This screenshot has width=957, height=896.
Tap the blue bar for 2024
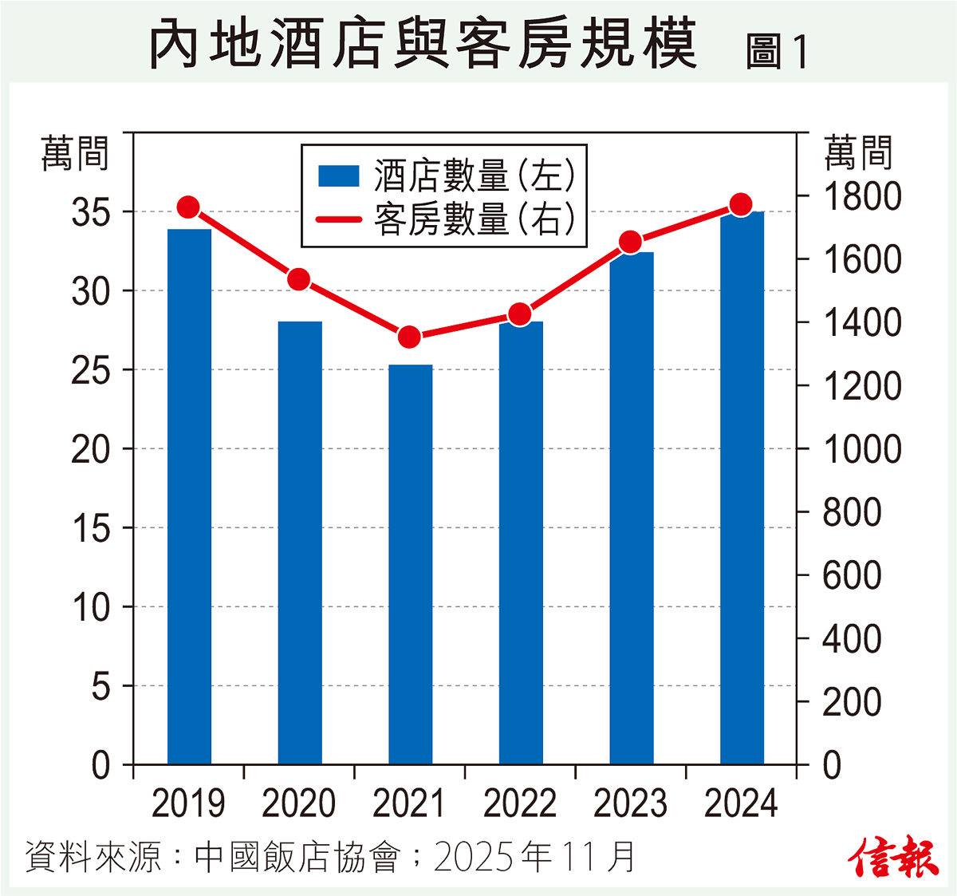(x=742, y=487)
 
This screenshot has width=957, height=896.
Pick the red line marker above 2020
(x=299, y=279)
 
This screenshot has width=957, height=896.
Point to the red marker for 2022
(x=520, y=314)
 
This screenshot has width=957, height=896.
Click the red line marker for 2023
(x=631, y=242)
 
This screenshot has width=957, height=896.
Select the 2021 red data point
(x=410, y=337)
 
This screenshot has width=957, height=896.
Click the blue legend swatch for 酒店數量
(x=339, y=176)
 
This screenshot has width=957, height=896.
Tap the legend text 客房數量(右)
(x=475, y=219)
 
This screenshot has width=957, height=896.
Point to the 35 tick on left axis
(x=91, y=213)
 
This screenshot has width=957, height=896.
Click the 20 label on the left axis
(x=91, y=450)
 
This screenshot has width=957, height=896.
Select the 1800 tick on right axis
(x=861, y=197)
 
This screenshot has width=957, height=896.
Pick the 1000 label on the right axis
(x=861, y=449)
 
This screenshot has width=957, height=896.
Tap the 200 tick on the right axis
(x=852, y=702)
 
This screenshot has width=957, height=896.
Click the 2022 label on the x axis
(x=520, y=803)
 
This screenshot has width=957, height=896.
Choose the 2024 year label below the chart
(x=741, y=803)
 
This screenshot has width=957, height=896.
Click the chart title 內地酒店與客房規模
(x=423, y=44)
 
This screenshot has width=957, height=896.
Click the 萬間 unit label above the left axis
(x=75, y=153)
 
